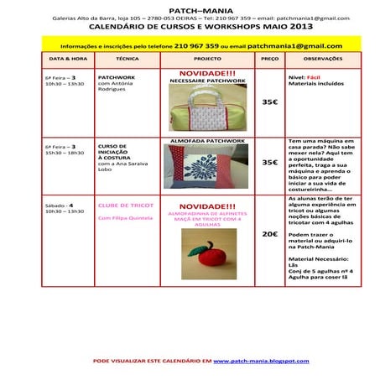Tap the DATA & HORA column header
[68, 60]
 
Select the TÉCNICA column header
[128, 60]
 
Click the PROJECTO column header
[207, 60]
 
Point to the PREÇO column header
[269, 60]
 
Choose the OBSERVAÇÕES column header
[323, 60]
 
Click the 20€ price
[269, 234]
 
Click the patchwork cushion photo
[206, 165]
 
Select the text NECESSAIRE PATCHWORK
[207, 81]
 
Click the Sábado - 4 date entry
[60, 205]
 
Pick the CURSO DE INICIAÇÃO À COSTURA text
[114, 152]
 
